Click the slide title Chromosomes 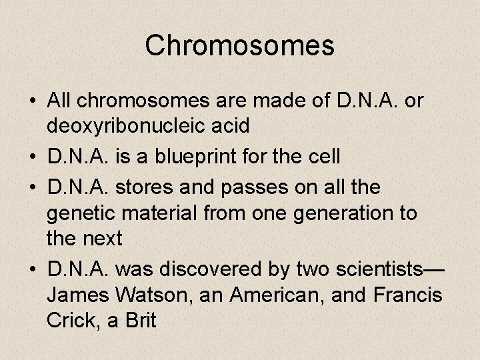239,45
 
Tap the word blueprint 203,157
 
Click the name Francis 408,294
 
